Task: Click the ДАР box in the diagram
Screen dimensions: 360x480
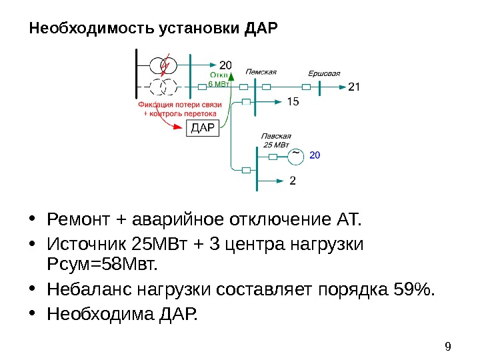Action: [202, 128]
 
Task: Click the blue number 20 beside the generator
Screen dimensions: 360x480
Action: [315, 155]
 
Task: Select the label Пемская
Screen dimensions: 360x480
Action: [261, 71]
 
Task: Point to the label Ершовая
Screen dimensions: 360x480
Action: [324, 73]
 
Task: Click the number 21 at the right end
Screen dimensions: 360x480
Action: [354, 87]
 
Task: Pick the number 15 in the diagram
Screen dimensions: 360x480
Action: [293, 101]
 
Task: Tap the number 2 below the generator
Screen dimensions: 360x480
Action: [293, 180]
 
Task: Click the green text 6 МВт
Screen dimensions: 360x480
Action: [219, 85]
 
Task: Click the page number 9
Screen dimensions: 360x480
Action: [447, 345]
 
